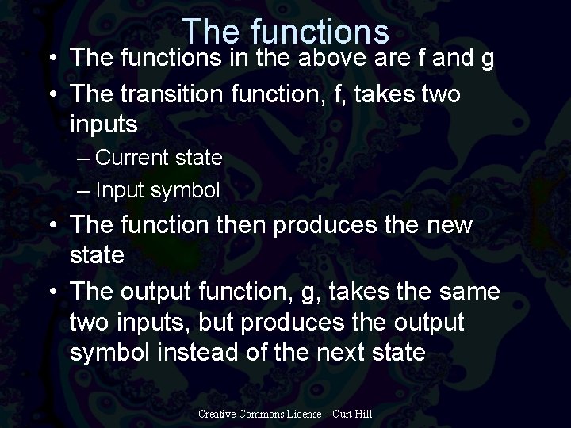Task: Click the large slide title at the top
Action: pos(285,32)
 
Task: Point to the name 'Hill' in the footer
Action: pos(362,414)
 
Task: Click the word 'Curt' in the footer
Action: pos(342,414)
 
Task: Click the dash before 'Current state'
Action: pos(85,158)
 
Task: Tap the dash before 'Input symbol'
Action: pos(85,191)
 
